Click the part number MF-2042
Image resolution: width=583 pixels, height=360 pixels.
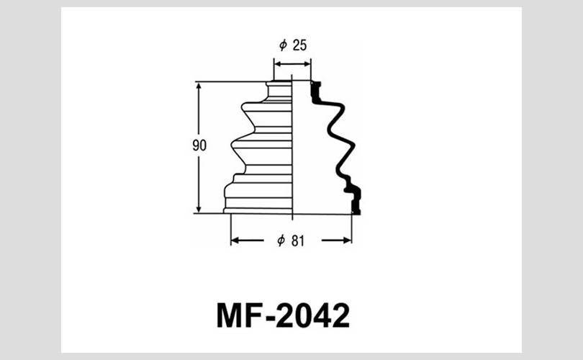coord(283,316)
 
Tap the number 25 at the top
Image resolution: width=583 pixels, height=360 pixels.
coord(299,45)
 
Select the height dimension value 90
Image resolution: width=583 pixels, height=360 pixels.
coord(199,145)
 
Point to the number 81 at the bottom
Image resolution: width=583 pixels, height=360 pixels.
coord(298,241)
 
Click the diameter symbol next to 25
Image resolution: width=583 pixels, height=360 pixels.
coord(284,45)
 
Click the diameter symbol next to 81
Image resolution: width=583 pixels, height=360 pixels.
coord(281,240)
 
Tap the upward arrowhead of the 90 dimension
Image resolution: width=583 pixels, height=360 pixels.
coord(199,86)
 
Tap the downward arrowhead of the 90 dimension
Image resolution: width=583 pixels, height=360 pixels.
coord(199,209)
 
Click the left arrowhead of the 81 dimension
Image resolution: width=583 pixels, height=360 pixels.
coord(235,240)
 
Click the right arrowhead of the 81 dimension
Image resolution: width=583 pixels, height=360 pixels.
coord(347,240)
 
